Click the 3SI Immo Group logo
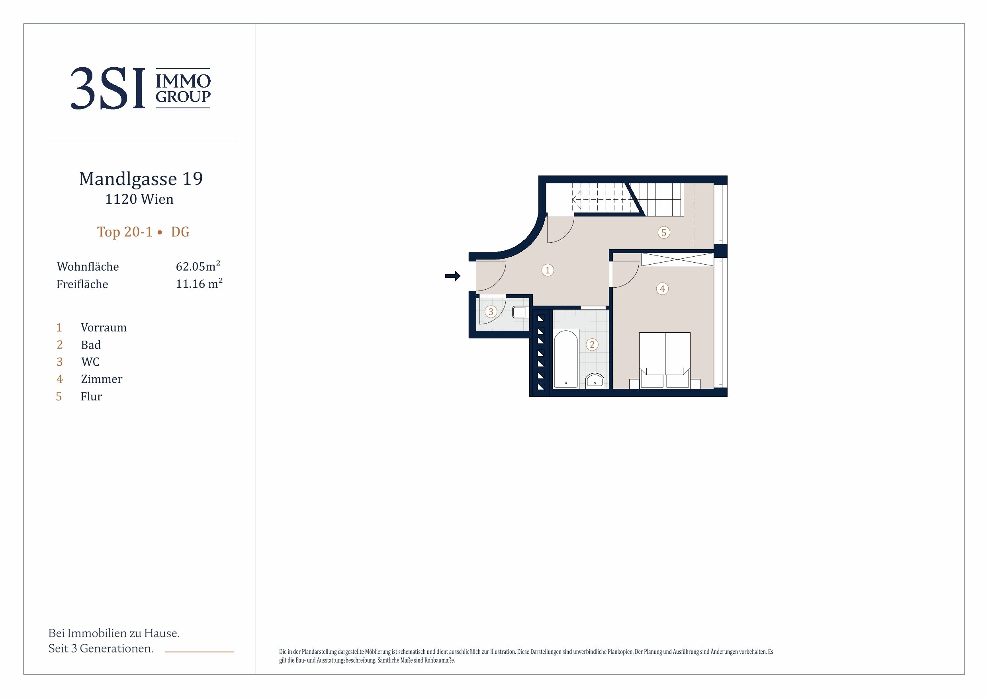tap(141, 88)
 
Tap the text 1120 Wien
tap(139, 199)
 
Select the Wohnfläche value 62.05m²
tap(198, 266)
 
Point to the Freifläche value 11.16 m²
tap(199, 283)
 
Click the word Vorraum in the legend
tap(104, 328)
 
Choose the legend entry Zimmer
tap(102, 379)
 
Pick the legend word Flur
tap(91, 396)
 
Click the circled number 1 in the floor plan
tap(547, 270)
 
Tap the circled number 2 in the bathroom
tap(592, 345)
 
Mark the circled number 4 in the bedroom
tap(662, 289)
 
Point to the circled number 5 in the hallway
tap(663, 233)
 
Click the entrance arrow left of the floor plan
tap(453, 276)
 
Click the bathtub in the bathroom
tap(566, 358)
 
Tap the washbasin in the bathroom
tap(595, 380)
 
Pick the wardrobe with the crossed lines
tap(677, 260)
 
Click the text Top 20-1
tap(125, 232)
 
